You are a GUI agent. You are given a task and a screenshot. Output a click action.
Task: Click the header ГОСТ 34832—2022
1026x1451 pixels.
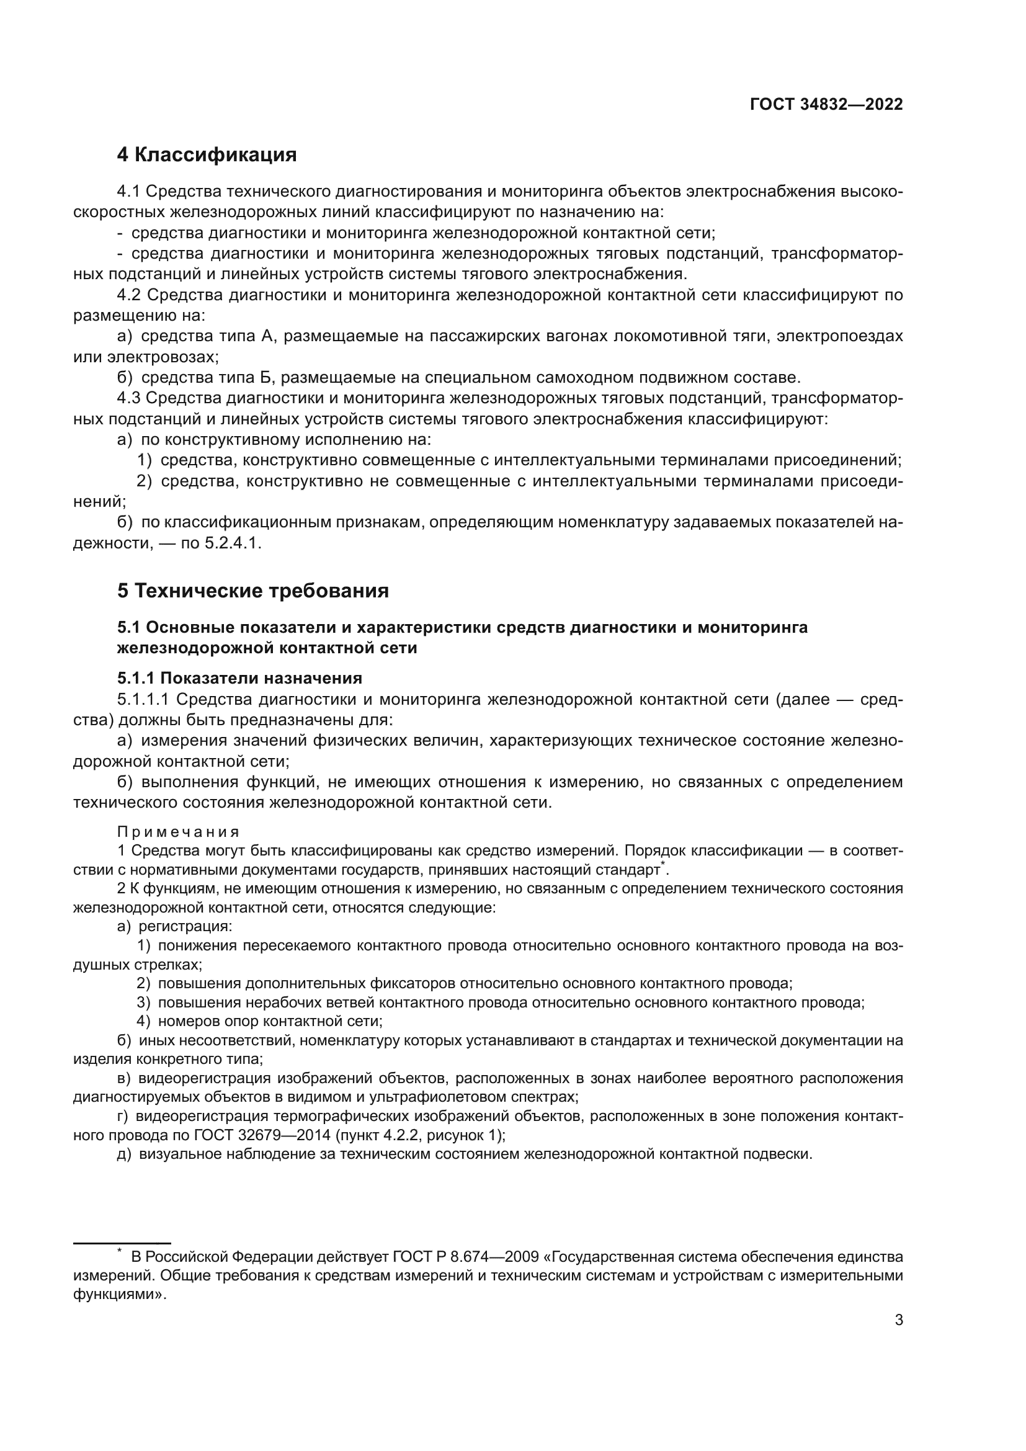(826, 104)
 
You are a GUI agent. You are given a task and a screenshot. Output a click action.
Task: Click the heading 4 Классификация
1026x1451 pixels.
(207, 155)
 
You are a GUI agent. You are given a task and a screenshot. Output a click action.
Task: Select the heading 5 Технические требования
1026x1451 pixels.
(252, 591)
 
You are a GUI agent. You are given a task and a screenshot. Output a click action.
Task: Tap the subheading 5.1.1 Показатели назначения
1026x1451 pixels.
(239, 678)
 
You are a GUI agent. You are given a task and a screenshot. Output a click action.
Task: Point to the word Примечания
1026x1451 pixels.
(179, 832)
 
